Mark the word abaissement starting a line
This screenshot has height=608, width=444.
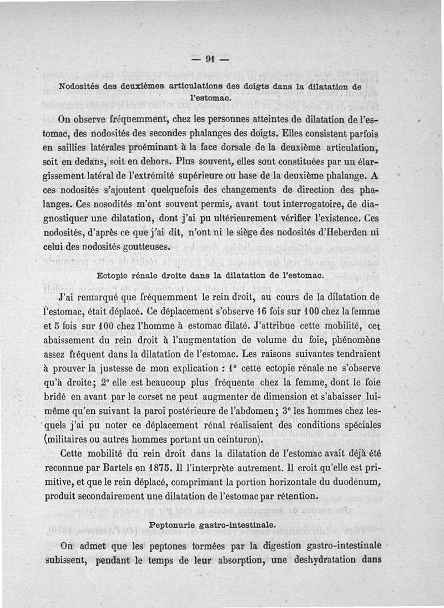(x=84, y=338)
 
